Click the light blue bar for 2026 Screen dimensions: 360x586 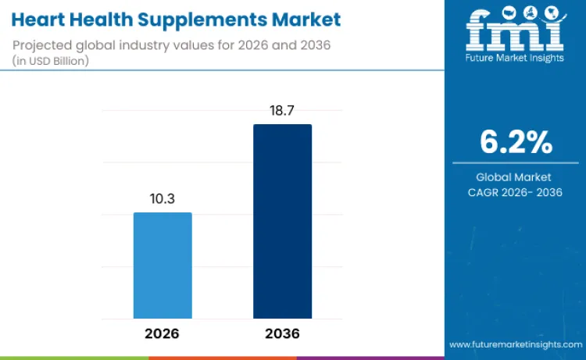click(x=163, y=266)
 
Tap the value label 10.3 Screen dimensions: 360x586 click(x=163, y=199)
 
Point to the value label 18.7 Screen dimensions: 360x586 click(x=282, y=111)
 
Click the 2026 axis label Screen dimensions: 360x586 click(x=163, y=333)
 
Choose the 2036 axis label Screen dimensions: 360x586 click(x=282, y=333)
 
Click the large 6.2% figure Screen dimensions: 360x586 click(x=516, y=142)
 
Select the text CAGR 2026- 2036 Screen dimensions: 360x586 click(x=516, y=192)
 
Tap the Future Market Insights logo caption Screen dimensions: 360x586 click(x=515, y=59)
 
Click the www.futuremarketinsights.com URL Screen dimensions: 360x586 click(x=516, y=344)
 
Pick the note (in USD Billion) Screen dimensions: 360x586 click(x=52, y=61)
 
